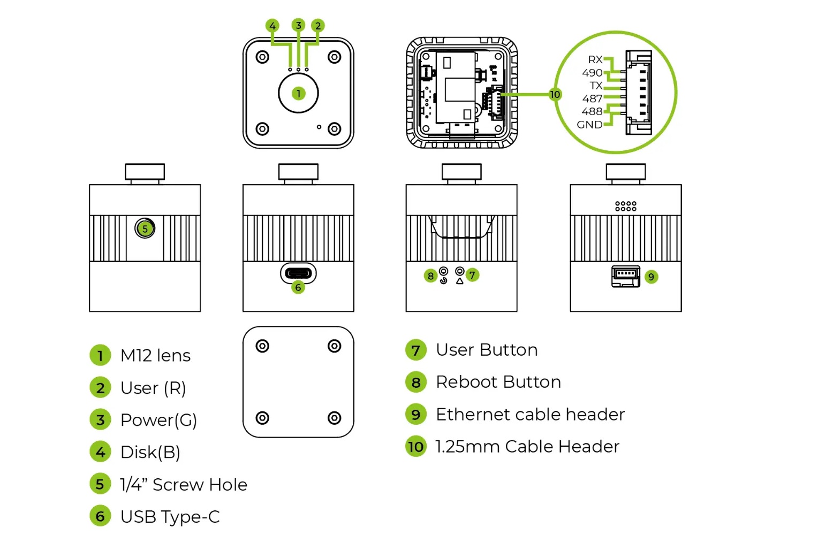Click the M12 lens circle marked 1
click(x=298, y=93)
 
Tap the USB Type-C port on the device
click(x=298, y=273)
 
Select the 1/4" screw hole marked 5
click(x=145, y=228)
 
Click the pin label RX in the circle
click(x=595, y=59)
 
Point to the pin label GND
click(x=589, y=125)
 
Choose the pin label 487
click(x=592, y=98)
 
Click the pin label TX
click(x=596, y=86)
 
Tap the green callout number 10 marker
click(x=555, y=95)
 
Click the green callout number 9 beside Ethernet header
click(x=651, y=277)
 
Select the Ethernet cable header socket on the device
click(x=625, y=276)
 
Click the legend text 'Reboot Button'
click(x=498, y=382)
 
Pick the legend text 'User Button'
click(x=487, y=350)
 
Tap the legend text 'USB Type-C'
click(x=170, y=517)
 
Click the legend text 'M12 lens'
click(x=155, y=355)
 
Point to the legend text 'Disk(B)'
click(x=150, y=452)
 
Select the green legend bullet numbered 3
click(x=100, y=420)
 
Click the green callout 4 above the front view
click(x=272, y=26)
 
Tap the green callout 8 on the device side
click(x=430, y=276)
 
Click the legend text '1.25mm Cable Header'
click(x=527, y=447)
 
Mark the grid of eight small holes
click(x=625, y=206)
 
